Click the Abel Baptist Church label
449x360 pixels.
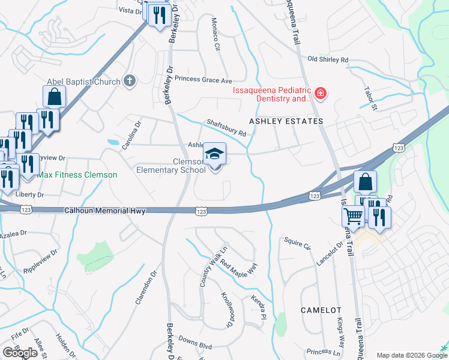[85, 82]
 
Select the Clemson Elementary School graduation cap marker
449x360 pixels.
[214, 154]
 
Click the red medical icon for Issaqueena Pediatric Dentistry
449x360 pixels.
[321, 93]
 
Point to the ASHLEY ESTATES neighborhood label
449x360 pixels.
[286, 121]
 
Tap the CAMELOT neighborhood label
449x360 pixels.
[321, 310]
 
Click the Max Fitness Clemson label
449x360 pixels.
[77, 175]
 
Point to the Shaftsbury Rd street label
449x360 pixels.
[226, 127]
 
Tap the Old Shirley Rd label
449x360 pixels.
[328, 59]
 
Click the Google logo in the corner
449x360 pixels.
[20, 353]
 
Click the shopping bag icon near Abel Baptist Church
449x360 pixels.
[54, 97]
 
